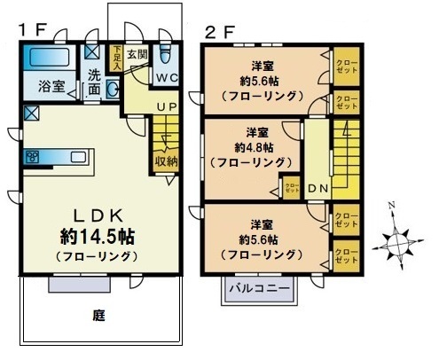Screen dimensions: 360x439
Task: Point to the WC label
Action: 169,78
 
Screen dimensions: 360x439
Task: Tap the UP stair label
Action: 166,107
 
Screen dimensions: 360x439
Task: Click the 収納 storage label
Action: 167,162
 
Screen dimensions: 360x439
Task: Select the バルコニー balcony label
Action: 260,287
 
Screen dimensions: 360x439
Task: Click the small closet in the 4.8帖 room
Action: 292,188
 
